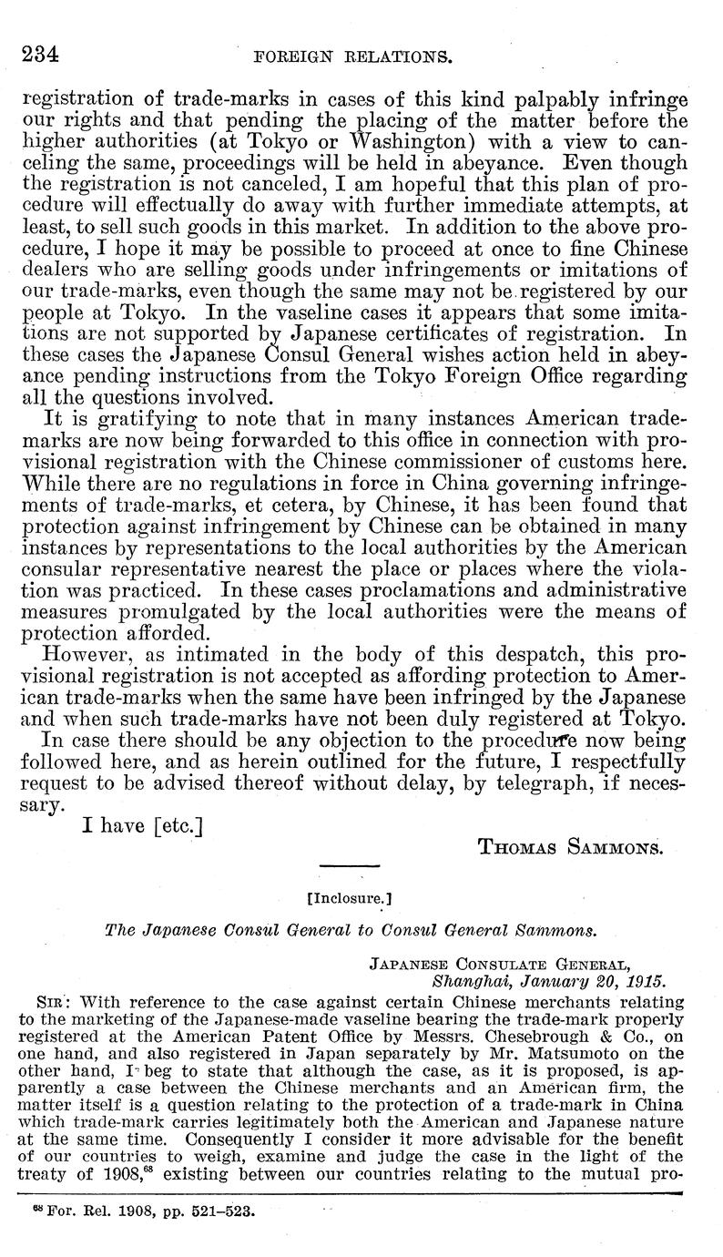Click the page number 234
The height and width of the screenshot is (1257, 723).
coord(39,54)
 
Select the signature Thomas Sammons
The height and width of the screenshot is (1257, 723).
coord(569,846)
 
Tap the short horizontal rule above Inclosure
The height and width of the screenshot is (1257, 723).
coord(349,865)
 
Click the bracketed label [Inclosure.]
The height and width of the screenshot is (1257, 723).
coord(351,896)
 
